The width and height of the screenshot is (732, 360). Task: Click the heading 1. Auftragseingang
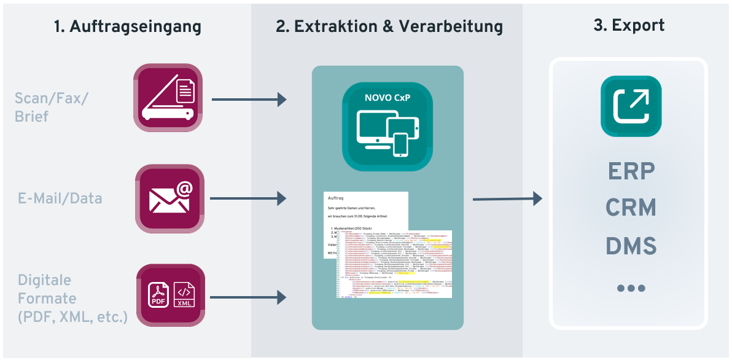pyautogui.click(x=127, y=26)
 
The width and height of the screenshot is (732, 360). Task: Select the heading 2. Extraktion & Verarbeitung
pyautogui.click(x=389, y=26)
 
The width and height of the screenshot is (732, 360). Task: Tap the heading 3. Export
pyautogui.click(x=629, y=25)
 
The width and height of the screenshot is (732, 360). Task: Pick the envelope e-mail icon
pyautogui.click(x=168, y=198)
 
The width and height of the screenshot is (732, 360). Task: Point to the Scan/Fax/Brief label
pyautogui.click(x=52, y=107)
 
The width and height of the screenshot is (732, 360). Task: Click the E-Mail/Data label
pyautogui.click(x=60, y=198)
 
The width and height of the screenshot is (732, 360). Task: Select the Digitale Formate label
pyautogui.click(x=71, y=299)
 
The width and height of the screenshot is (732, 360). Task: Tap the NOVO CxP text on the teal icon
pyautogui.click(x=387, y=97)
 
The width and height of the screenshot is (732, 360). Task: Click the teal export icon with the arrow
pyautogui.click(x=631, y=106)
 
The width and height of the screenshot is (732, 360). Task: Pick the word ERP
pyautogui.click(x=631, y=171)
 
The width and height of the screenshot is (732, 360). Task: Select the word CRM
pyautogui.click(x=631, y=208)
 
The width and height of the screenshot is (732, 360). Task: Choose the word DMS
pyautogui.click(x=631, y=246)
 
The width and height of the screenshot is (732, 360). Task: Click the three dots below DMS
pyautogui.click(x=631, y=288)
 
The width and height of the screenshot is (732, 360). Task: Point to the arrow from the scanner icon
pyautogui.click(x=249, y=99)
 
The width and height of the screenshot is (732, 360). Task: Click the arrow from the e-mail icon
pyautogui.click(x=249, y=198)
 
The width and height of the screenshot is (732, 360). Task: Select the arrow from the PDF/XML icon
pyautogui.click(x=249, y=298)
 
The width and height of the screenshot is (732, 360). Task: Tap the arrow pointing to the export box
pyautogui.click(x=507, y=198)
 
